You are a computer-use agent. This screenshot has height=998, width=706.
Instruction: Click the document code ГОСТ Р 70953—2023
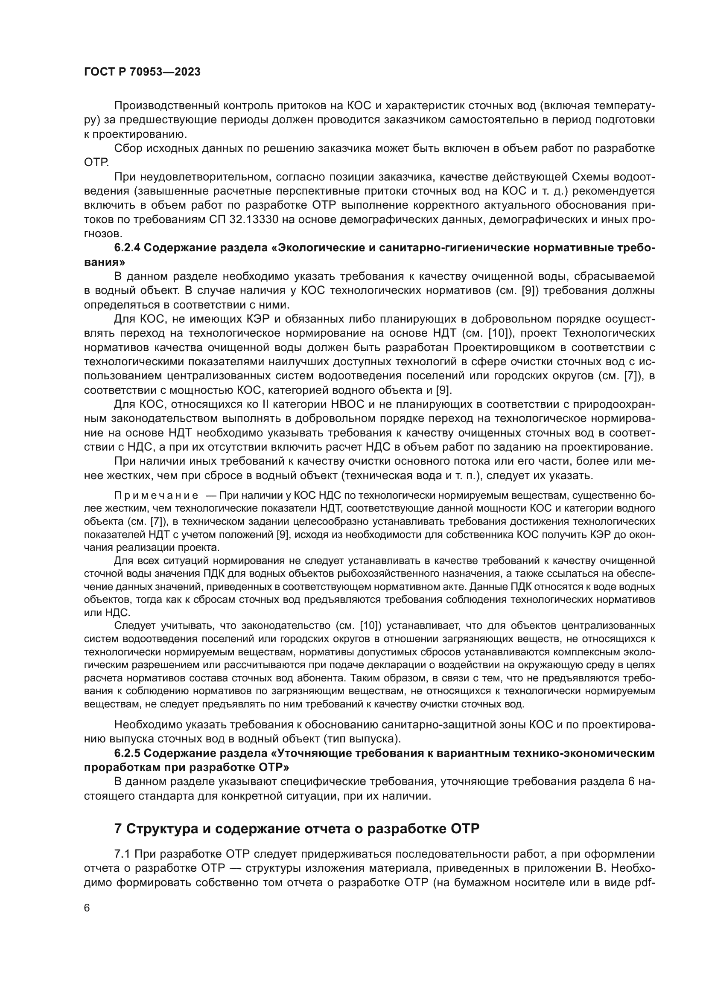coord(142,72)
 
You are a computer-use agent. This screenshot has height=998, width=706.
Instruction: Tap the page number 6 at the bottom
coord(87,908)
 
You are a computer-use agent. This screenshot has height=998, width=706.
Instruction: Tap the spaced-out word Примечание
coord(156,495)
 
